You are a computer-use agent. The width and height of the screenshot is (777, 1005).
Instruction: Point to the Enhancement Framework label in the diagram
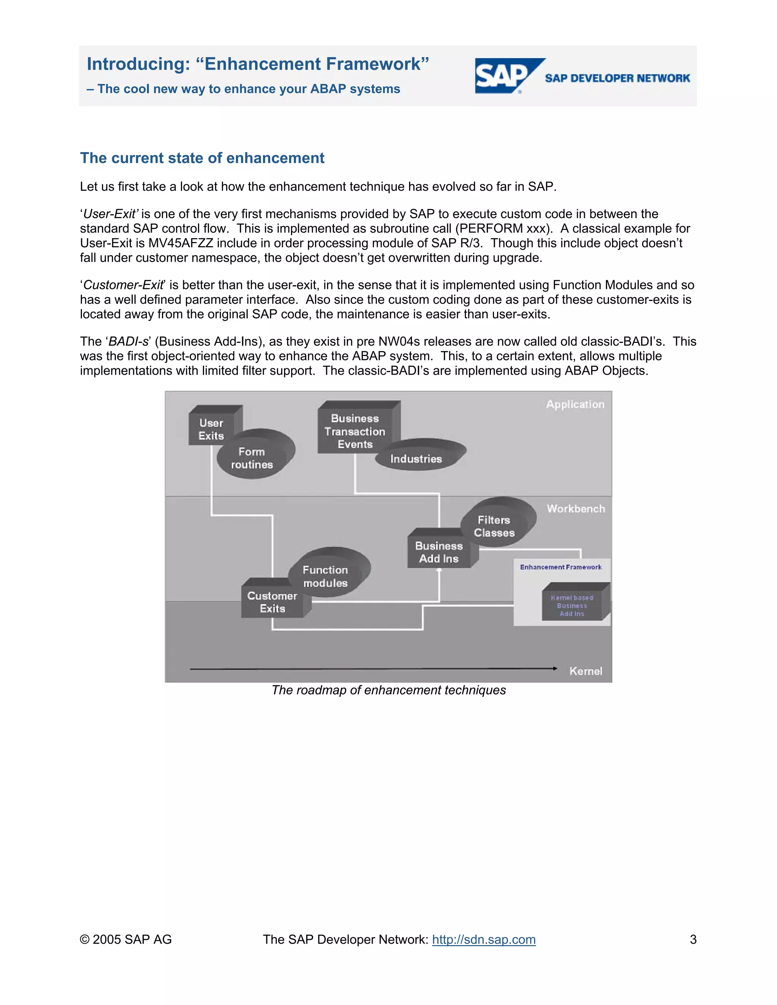(x=561, y=567)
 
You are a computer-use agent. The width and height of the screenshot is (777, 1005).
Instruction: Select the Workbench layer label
(x=576, y=509)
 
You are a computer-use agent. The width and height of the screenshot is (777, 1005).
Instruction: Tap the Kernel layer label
(x=585, y=671)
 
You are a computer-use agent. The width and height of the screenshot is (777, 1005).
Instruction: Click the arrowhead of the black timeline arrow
(x=555, y=668)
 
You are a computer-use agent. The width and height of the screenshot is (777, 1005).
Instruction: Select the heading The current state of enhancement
(x=202, y=158)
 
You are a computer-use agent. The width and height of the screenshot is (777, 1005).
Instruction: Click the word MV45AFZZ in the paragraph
(x=181, y=243)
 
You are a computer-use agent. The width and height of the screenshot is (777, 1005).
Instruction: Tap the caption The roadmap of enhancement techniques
(x=388, y=690)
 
